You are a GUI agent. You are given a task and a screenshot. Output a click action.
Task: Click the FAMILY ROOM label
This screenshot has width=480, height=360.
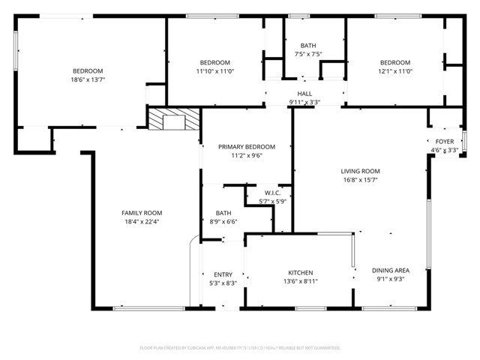tap(142, 213)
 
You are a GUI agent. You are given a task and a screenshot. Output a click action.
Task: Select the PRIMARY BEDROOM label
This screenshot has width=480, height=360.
tap(247, 147)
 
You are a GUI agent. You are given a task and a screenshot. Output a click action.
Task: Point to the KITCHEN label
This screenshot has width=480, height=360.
tap(301, 273)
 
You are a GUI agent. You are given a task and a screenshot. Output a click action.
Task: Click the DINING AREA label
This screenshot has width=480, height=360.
tap(391, 270)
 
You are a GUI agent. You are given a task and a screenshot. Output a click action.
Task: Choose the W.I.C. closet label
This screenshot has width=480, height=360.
tap(272, 193)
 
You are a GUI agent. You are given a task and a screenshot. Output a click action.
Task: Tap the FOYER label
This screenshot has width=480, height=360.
tap(444, 141)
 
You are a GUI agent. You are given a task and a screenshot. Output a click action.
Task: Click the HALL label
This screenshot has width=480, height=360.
tap(304, 94)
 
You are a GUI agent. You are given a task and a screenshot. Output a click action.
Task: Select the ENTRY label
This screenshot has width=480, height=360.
tap(223, 274)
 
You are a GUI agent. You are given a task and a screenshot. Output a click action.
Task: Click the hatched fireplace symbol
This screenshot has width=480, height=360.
tap(174, 120)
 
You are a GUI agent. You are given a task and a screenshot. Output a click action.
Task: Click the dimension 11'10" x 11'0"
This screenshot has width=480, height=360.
tap(214, 71)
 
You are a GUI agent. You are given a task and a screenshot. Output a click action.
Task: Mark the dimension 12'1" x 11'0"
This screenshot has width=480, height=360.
tap(394, 71)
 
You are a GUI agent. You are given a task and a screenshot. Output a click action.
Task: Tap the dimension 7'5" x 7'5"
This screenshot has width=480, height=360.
tap(307, 54)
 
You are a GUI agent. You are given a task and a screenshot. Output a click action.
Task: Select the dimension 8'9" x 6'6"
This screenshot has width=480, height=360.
tap(223, 222)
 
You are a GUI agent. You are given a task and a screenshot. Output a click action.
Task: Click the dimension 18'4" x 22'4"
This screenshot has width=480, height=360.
tap(142, 222)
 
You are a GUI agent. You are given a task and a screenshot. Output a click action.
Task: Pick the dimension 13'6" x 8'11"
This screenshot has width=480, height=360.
tap(301, 282)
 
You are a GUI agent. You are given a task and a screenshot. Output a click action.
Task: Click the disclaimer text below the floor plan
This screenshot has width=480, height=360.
tap(240, 348)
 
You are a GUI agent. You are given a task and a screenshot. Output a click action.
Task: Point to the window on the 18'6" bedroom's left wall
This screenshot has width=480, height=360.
tap(16, 51)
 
